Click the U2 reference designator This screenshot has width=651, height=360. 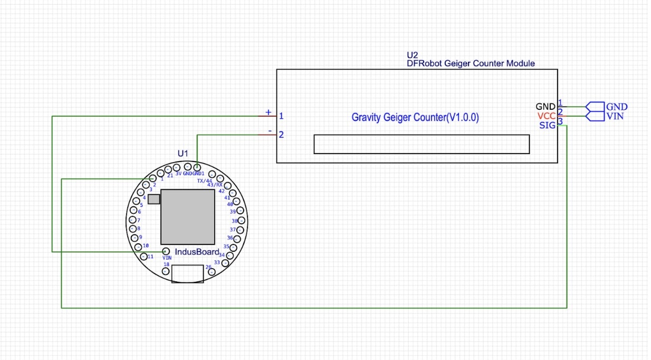click(412, 55)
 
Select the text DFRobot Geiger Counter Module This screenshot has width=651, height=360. click(471, 63)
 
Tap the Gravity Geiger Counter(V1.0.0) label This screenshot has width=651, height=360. click(415, 117)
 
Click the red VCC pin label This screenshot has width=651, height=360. click(547, 116)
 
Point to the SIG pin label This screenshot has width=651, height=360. click(547, 125)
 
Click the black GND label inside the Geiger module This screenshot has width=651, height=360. click(545, 107)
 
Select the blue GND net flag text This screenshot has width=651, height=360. click(617, 107)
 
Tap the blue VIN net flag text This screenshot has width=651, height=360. click(615, 116)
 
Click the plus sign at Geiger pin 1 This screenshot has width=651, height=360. click(268, 112)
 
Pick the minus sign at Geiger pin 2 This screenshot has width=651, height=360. click(270, 131)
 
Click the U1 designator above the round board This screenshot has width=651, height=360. click(183, 153)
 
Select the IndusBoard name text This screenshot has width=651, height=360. click(197, 252)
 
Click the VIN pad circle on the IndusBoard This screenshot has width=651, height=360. click(166, 251)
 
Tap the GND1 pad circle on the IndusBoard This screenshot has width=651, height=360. click(197, 167)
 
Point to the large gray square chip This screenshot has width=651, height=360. click(188, 217)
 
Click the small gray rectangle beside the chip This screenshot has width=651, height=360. click(154, 199)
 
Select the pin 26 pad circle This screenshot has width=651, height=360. click(212, 272)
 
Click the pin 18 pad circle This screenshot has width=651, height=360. click(166, 271)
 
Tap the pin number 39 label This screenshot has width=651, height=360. click(233, 212)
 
